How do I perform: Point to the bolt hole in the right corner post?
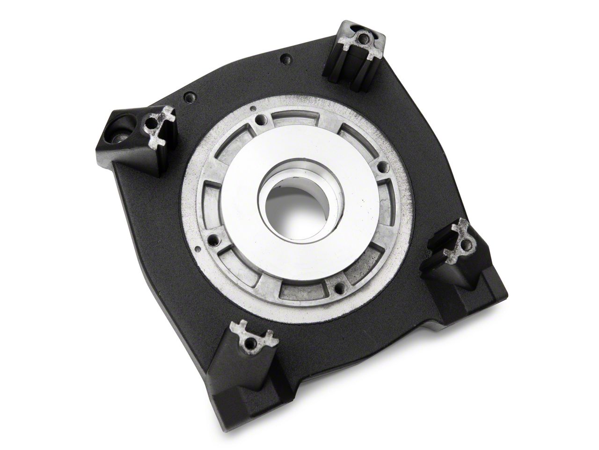tap(464, 244)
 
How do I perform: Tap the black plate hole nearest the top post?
tap(284, 59)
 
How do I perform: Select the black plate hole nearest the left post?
tap(190, 97)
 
